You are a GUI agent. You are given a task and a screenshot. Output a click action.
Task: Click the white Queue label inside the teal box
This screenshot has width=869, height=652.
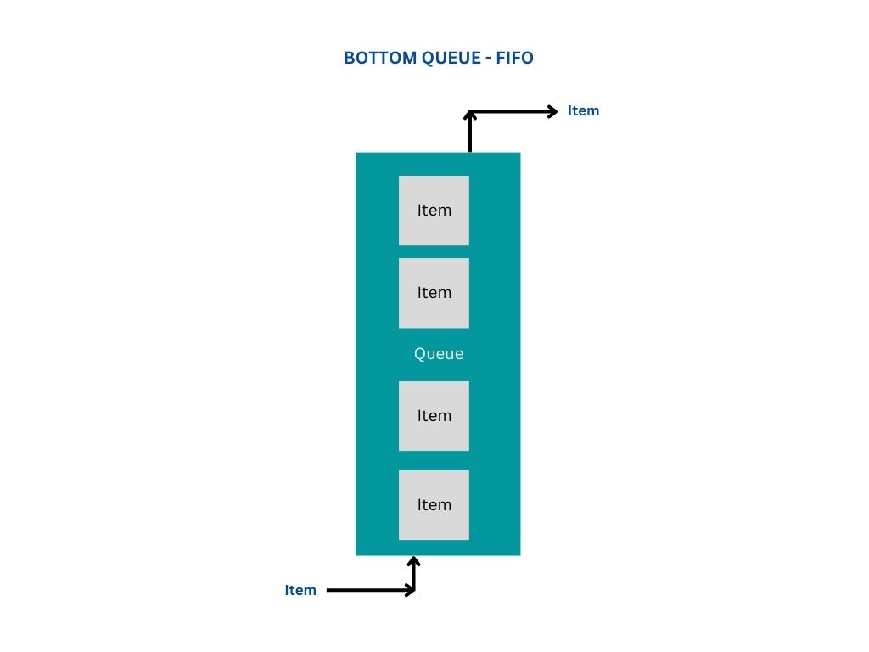coord(439,354)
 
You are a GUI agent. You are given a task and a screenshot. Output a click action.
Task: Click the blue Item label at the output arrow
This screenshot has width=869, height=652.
coord(583,110)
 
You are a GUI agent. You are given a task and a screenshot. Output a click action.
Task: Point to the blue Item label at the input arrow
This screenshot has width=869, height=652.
coord(300,590)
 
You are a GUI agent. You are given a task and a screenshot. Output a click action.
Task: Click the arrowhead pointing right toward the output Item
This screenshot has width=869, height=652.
coord(552,110)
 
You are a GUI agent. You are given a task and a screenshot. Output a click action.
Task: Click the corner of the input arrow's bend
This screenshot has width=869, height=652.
coord(414,590)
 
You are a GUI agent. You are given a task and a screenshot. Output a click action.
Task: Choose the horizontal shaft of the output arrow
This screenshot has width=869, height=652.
coord(509,110)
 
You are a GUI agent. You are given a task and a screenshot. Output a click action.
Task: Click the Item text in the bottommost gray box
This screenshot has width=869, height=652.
coord(434,504)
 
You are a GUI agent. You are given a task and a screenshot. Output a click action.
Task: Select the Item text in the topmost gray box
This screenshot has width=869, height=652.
coord(434,210)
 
